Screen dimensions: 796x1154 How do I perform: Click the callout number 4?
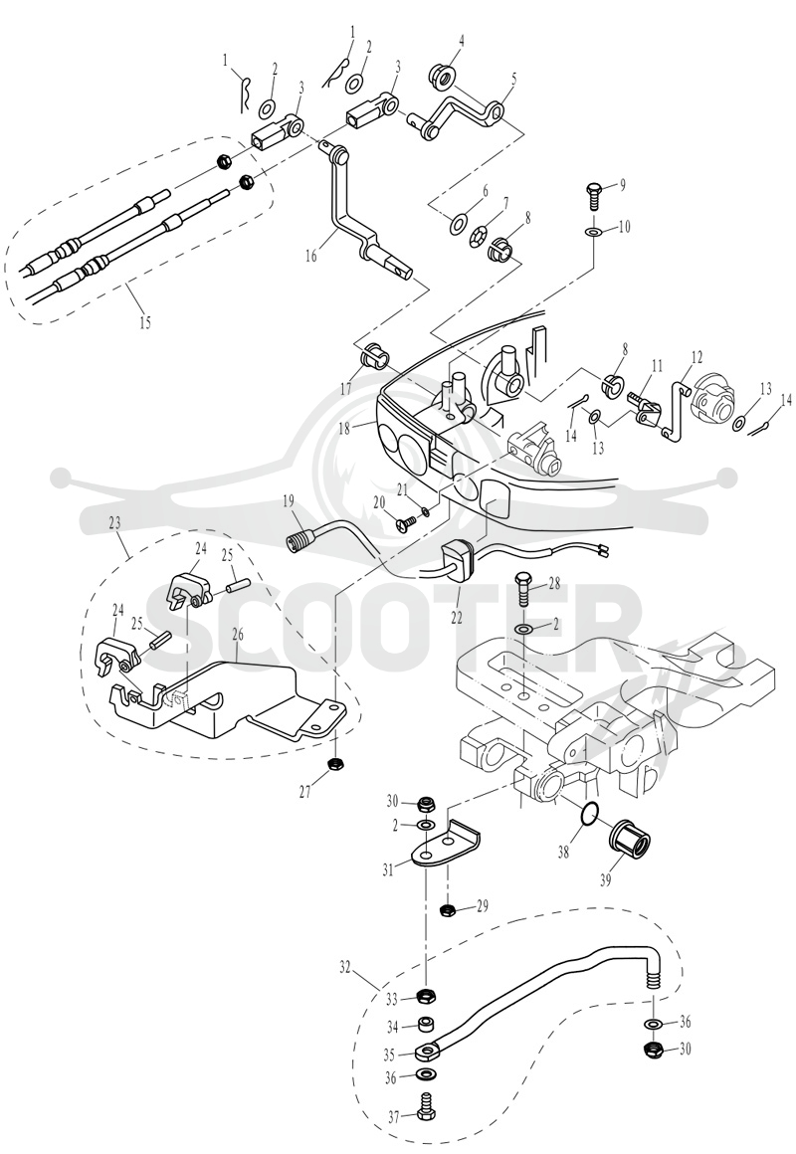[x=461, y=41]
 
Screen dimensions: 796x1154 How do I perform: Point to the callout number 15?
[x=145, y=321]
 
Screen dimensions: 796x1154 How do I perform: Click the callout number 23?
[x=114, y=523]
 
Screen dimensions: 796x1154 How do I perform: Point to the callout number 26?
[x=237, y=634]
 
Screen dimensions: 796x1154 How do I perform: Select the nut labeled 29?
[x=446, y=911]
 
